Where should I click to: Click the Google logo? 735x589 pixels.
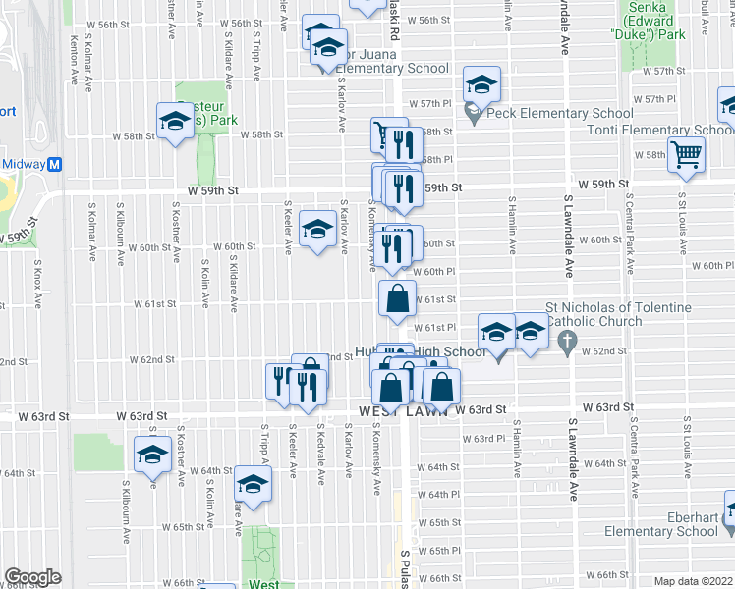point(32,577)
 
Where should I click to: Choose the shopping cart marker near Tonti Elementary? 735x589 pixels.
point(686,154)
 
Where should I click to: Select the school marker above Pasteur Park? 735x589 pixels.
point(175,121)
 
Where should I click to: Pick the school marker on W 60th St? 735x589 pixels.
point(316,230)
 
